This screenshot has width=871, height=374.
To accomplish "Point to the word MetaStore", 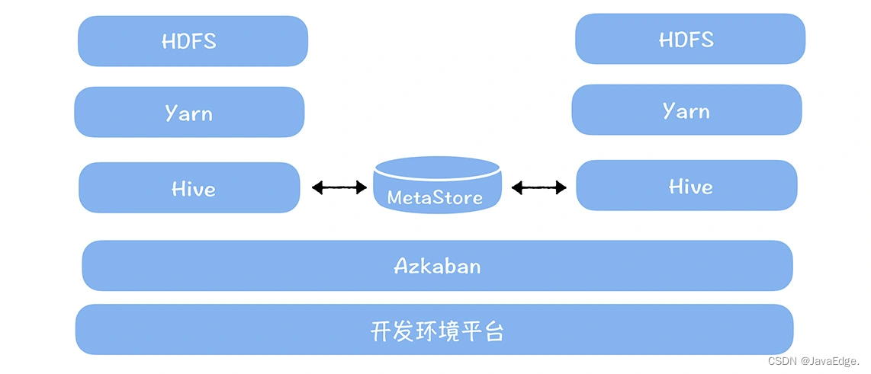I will [435, 197].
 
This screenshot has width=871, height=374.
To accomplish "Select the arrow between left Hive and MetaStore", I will [339, 187].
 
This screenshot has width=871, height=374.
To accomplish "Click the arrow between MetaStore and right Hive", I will [539, 187].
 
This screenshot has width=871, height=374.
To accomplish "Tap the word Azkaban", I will [437, 266].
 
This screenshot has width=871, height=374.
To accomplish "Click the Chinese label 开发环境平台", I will [437, 331].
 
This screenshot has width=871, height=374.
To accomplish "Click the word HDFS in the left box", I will [188, 41].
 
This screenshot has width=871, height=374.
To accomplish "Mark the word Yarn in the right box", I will [686, 111].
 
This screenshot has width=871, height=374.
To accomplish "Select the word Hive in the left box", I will [193, 188].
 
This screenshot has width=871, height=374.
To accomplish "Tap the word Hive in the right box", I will [690, 186].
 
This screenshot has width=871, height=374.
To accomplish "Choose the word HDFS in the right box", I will [686, 39].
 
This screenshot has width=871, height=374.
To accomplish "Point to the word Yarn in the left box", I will [188, 113].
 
